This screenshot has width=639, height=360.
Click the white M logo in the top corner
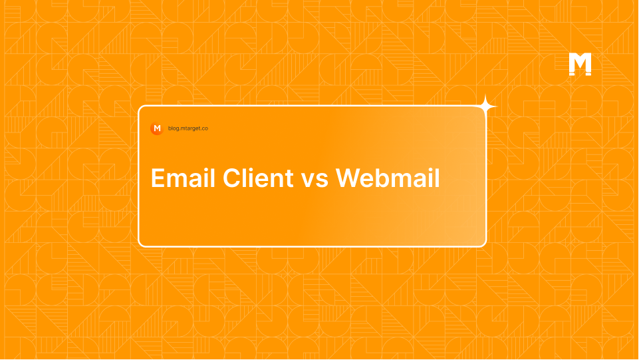580,64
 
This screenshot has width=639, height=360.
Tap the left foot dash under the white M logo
573,74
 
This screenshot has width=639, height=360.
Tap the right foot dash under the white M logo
588,74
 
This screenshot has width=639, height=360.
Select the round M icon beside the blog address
157,128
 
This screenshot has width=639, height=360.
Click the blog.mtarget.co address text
188,128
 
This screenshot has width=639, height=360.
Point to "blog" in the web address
174,128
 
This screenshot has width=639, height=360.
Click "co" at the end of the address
205,128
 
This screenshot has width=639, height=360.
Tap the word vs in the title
315,179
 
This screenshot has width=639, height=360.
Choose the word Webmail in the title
388,178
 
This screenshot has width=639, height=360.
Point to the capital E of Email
158,178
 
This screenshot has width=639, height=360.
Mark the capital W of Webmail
348,178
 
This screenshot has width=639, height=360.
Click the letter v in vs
309,180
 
